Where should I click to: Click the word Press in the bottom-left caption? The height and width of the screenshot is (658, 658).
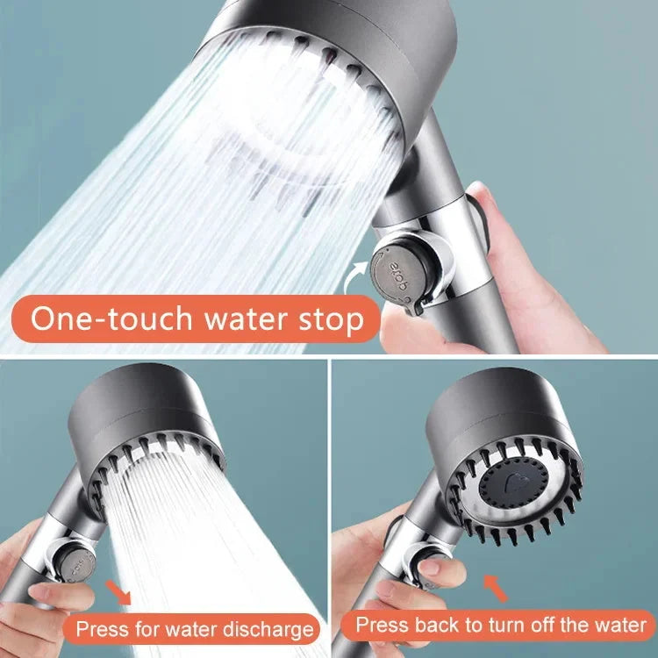[x=98, y=629]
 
